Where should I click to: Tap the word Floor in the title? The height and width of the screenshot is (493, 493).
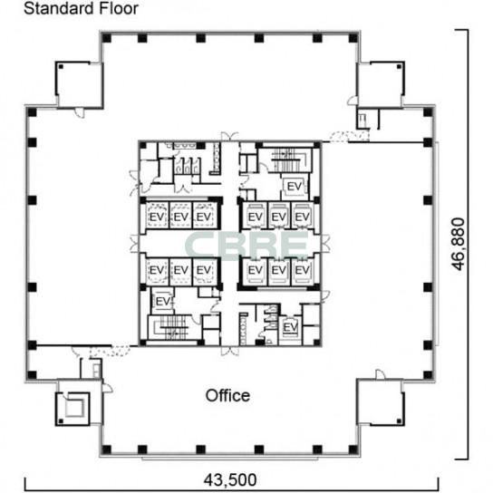click(x=119, y=8)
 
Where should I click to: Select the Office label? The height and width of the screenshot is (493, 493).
click(x=227, y=395)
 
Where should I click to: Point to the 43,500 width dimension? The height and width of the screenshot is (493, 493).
click(x=230, y=479)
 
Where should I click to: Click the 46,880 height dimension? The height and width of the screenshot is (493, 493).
click(x=458, y=244)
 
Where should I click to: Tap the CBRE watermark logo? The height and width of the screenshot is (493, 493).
click(x=246, y=245)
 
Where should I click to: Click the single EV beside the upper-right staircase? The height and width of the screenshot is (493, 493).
click(x=295, y=187)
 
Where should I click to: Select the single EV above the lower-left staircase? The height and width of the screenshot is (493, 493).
click(x=162, y=302)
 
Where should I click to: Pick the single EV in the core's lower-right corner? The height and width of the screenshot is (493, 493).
click(x=290, y=327)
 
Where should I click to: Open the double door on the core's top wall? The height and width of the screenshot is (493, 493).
click(x=229, y=137)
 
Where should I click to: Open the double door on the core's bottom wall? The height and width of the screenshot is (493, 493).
click(x=230, y=351)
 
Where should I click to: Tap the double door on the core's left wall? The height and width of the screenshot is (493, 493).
click(x=134, y=244)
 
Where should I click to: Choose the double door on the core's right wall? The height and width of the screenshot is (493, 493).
click(x=325, y=244)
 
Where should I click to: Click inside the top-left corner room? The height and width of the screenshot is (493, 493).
click(x=79, y=85)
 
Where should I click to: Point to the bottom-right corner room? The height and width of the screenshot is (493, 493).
click(x=381, y=402)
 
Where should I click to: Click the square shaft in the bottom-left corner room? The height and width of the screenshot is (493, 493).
click(x=74, y=407)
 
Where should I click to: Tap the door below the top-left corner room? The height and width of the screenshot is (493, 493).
click(x=80, y=112)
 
